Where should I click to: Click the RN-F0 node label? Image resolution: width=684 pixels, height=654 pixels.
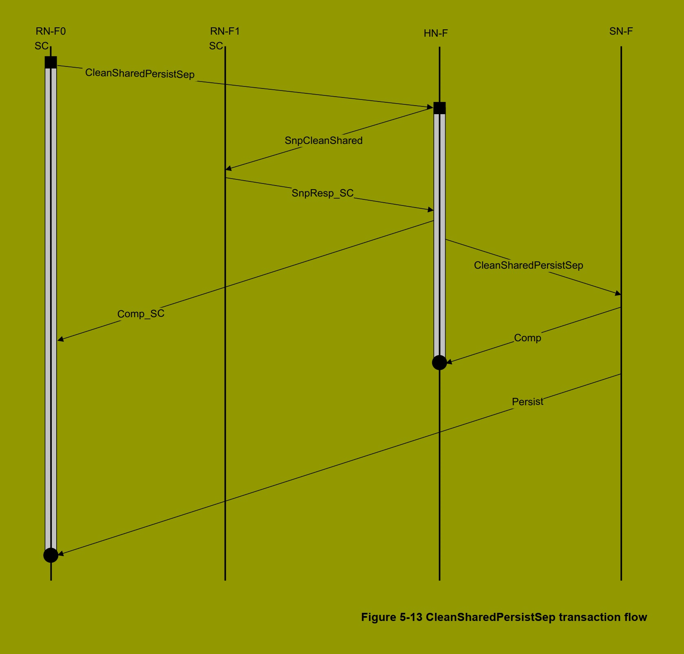[51, 31]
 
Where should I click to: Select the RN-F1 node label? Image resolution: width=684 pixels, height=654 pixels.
[225, 31]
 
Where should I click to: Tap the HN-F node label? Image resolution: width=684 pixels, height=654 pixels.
[435, 33]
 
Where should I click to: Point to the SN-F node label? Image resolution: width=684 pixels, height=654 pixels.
[621, 31]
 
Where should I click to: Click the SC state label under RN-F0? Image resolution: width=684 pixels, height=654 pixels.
[41, 46]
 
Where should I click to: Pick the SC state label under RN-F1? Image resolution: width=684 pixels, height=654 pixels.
[216, 46]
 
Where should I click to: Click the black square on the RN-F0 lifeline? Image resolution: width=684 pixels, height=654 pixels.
[51, 62]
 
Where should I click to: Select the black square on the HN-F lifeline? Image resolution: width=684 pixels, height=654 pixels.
[439, 108]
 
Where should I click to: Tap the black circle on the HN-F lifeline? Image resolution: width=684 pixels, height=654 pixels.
[439, 362]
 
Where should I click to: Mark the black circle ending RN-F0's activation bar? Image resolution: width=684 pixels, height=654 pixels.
[51, 555]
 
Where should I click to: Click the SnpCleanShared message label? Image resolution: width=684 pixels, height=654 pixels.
[323, 141]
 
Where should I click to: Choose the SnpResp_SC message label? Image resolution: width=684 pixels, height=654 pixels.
[322, 193]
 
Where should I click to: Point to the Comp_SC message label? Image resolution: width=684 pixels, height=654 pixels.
[141, 314]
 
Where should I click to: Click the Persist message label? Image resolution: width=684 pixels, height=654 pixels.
[527, 402]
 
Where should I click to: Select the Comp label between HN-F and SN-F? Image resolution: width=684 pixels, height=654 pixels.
[527, 338]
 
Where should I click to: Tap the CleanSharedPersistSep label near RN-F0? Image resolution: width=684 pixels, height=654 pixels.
[139, 74]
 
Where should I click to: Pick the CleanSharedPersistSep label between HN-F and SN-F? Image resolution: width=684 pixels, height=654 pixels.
[528, 265]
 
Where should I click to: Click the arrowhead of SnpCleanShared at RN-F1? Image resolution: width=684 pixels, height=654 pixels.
[228, 168]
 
